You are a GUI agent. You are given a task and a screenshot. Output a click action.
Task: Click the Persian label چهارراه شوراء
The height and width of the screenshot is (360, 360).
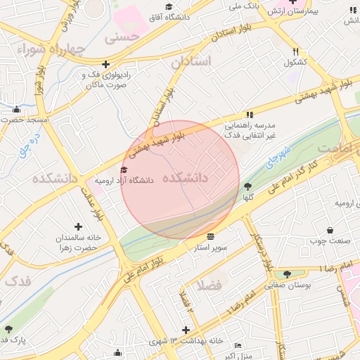click(x=43, y=49)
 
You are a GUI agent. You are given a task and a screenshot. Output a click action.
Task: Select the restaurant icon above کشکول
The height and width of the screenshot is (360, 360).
click(x=296, y=51)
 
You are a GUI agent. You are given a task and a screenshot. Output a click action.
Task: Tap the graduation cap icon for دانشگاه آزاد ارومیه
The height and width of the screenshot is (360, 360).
click(x=124, y=169)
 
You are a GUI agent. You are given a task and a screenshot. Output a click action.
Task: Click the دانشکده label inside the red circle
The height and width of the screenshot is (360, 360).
click(x=185, y=178)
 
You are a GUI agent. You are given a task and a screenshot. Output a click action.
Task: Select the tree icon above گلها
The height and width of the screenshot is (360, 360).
click(x=247, y=186)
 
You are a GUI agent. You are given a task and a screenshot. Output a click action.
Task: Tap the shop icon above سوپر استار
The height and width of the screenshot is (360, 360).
click(x=211, y=235)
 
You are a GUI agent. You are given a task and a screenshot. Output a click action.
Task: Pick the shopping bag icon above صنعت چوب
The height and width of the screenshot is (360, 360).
click(x=330, y=231)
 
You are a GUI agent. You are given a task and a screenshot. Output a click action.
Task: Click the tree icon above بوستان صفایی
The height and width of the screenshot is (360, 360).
click(x=287, y=274)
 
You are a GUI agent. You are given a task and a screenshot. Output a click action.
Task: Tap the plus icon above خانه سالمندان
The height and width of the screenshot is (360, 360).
click(x=78, y=226)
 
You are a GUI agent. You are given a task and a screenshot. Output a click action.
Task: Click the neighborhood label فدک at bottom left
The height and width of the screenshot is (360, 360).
click(x=18, y=281)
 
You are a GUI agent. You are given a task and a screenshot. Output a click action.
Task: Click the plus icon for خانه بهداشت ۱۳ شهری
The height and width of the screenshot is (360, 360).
click(x=186, y=329)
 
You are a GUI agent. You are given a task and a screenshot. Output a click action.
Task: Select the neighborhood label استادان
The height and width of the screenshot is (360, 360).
click(x=191, y=62)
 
